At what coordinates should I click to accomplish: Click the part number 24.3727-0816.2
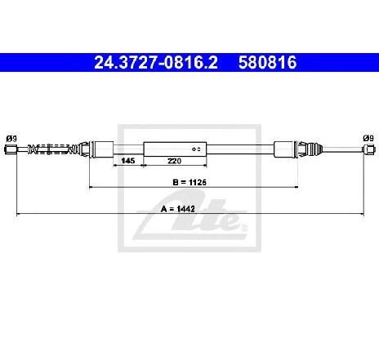(156, 62)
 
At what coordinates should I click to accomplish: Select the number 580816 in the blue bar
(267, 62)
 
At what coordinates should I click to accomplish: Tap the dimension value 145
(128, 161)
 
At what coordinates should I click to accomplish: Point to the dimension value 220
(174, 161)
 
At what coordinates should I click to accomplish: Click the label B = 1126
(189, 182)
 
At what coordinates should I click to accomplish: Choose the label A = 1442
(178, 209)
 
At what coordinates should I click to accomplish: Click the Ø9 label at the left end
(11, 139)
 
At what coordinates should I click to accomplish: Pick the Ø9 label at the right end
(368, 138)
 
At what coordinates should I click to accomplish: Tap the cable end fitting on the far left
(11, 149)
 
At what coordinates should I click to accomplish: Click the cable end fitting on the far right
(369, 149)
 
